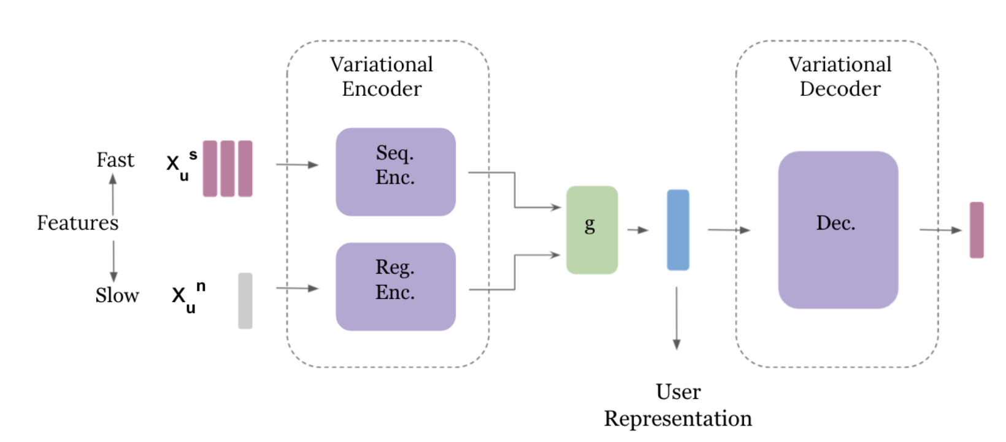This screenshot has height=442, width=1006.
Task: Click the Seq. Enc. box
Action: pos(395,172)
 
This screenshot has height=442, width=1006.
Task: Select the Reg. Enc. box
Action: pos(395,286)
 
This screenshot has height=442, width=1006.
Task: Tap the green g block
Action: pos(591,230)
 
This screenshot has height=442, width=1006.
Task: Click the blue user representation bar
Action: pos(678,230)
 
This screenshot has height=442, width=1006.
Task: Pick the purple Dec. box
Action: pos(838,230)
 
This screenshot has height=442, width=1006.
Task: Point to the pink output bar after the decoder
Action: pos(977,230)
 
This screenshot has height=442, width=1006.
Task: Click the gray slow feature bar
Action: pos(245,301)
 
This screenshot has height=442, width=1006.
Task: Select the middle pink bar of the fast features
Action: pos(228,168)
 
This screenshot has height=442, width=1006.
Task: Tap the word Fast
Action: pos(115,160)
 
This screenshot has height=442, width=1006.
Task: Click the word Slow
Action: pos(117,295)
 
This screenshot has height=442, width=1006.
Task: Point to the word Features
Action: pos(77,223)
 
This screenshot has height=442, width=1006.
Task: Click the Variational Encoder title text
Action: pos(382,77)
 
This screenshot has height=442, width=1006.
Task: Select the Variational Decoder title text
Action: pos(840,77)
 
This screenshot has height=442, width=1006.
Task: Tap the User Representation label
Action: pos(678,405)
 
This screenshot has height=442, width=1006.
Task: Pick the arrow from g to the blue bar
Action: pos(638,230)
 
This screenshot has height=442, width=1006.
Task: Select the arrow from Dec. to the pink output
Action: pos(940,230)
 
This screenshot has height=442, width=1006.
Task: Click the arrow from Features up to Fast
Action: pos(113,193)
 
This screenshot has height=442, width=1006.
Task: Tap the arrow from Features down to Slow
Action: pos(113,261)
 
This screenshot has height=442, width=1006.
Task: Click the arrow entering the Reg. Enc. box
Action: pos(298,288)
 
